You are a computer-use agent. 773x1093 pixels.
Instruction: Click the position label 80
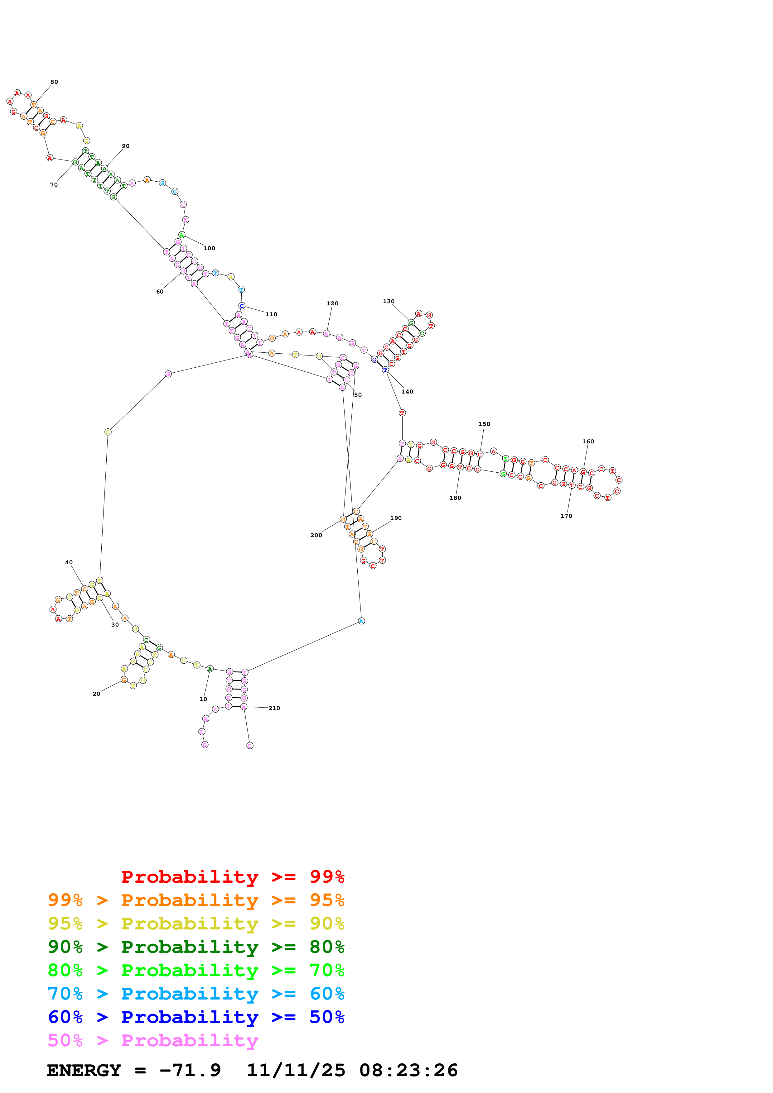click(54, 82)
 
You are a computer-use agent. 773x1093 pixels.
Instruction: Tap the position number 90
click(126, 146)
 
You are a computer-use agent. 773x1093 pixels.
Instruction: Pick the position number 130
click(389, 301)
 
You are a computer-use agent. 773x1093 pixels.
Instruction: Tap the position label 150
click(484, 424)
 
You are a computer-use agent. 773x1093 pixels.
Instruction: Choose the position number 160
click(588, 442)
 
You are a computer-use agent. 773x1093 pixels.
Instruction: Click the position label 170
click(566, 516)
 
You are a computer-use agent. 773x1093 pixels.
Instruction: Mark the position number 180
click(455, 498)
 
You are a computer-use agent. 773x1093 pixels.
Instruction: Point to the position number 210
click(274, 708)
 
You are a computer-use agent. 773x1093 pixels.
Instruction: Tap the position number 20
click(96, 694)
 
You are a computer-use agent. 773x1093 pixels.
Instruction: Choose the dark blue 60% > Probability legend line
click(196, 1017)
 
